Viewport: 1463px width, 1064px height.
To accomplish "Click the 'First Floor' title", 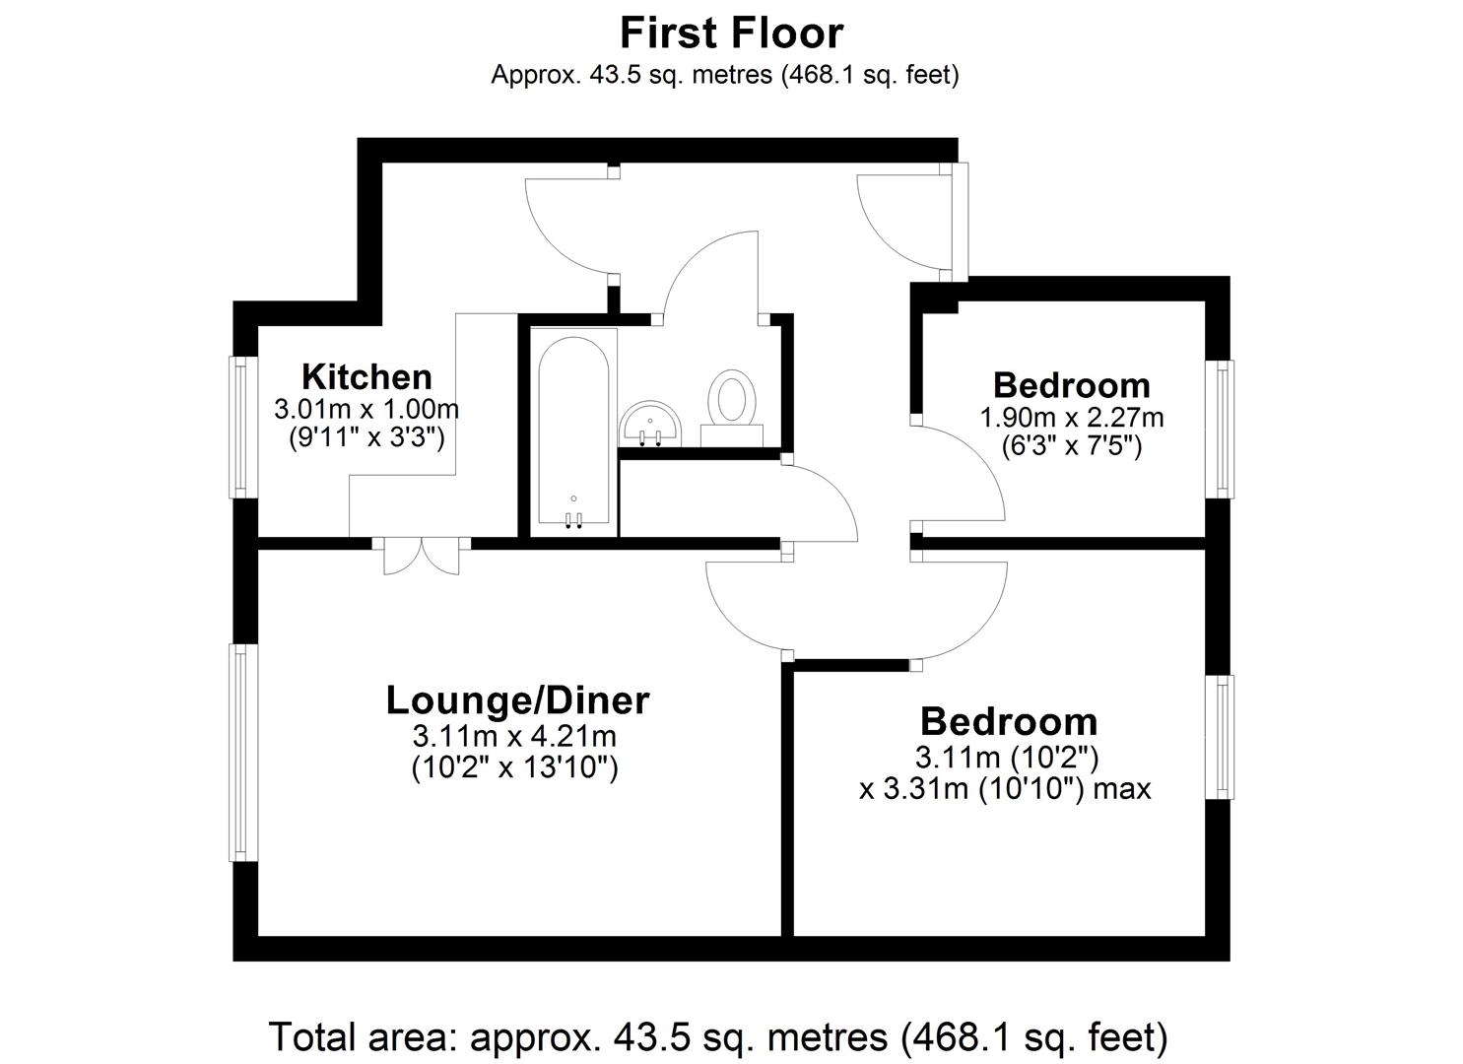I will click(x=731, y=33).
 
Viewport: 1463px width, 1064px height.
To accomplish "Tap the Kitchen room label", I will click(x=366, y=376).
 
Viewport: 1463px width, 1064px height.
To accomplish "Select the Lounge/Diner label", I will click(x=517, y=699).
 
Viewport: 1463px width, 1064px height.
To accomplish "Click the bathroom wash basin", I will click(x=649, y=424).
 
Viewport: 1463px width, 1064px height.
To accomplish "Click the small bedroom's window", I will click(x=1223, y=429).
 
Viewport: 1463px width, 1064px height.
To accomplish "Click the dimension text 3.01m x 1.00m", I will click(x=366, y=408).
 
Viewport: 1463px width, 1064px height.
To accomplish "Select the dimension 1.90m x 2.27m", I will click(x=1071, y=418).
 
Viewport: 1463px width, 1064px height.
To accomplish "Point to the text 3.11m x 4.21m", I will click(x=514, y=736).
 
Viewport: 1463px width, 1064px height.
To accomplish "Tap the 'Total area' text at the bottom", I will click(x=718, y=1036).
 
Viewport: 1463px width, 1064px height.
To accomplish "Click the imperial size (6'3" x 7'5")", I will click(x=1071, y=446).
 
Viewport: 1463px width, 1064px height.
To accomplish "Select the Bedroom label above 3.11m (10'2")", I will click(x=1009, y=721).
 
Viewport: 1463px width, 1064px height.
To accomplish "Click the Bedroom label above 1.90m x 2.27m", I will click(x=1071, y=384).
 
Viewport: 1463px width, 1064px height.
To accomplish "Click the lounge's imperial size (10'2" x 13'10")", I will click(x=514, y=766).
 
